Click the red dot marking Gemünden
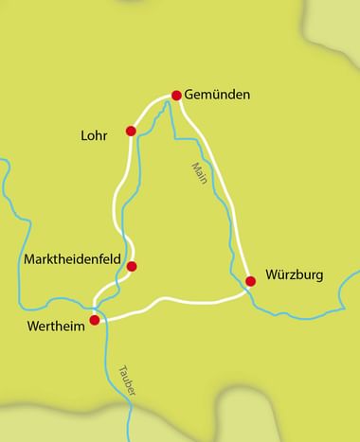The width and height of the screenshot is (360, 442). (x=176, y=95)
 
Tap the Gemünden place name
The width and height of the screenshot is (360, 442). (x=222, y=97)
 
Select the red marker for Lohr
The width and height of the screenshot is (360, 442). (x=131, y=131)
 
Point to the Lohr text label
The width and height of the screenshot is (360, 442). (x=99, y=135)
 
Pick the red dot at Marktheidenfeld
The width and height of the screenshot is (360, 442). (x=133, y=266)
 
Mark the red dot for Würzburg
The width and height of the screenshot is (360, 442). (x=250, y=280)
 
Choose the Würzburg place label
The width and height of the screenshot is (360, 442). (x=295, y=275)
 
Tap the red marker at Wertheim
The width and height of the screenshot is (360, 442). (x=94, y=320)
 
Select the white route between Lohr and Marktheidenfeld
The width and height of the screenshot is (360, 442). (x=118, y=203)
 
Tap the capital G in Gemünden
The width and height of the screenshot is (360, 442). (x=190, y=97)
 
